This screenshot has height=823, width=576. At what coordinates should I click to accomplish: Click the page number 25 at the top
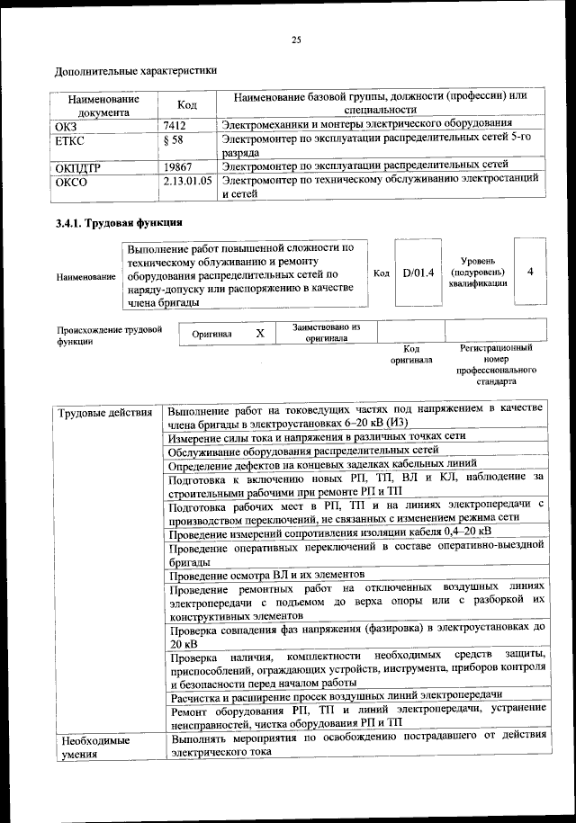296,39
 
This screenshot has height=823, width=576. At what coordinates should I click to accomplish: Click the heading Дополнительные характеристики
136,69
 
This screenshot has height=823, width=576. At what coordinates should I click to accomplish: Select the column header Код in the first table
187,104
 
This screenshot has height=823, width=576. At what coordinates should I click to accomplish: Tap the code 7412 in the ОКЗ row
175,125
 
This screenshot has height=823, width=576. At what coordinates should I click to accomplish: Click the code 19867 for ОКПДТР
179,165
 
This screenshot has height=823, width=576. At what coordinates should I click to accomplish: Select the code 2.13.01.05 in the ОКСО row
188,180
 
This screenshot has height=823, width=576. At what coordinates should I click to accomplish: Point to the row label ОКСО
72,180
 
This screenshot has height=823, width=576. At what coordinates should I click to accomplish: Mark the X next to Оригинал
260,334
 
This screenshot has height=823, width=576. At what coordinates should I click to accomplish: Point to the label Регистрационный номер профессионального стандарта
495,363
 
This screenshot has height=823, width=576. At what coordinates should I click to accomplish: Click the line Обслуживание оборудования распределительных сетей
303,449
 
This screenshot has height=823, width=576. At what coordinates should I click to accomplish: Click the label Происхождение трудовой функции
109,335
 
